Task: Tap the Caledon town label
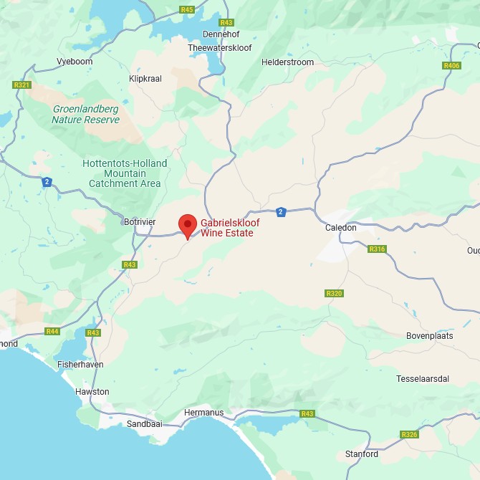341,228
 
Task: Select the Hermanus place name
203,413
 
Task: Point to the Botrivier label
139,222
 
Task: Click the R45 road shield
187,9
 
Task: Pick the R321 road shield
21,85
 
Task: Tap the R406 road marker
451,66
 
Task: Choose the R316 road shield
377,249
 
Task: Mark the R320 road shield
334,293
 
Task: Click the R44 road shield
52,331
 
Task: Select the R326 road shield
409,435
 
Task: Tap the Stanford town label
361,454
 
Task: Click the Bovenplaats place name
429,335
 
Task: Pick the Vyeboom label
75,62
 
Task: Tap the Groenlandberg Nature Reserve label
85,115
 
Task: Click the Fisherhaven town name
80,365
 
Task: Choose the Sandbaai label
144,423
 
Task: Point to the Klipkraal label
145,78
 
